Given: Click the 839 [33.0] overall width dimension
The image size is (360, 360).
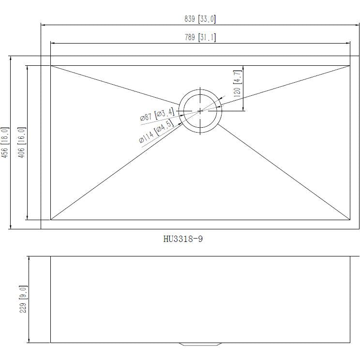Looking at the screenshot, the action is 200,19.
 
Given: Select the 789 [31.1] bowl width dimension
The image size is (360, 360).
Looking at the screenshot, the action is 200,37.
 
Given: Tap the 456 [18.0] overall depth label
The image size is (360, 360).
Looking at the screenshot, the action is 5,143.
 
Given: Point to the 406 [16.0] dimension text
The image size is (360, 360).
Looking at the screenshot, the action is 22,143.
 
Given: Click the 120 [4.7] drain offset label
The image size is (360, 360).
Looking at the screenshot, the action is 238,83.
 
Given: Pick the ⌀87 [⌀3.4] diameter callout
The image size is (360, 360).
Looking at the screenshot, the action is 157,114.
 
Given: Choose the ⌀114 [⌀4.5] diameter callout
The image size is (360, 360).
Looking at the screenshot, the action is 156,131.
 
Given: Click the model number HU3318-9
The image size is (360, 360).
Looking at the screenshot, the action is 183,239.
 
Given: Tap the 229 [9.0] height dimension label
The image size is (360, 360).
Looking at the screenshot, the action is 23,299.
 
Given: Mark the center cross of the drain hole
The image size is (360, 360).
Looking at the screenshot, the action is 200,111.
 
